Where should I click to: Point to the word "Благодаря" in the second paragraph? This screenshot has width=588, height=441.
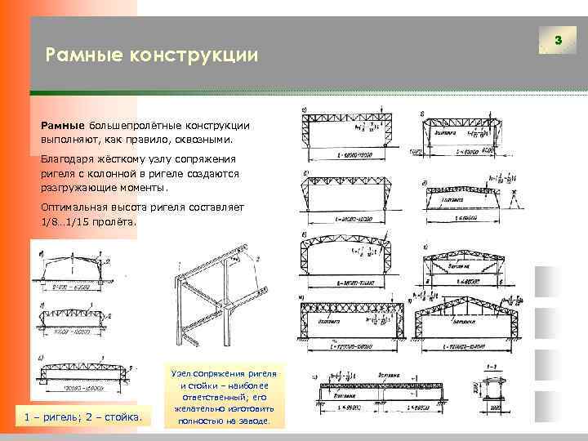click(70, 159)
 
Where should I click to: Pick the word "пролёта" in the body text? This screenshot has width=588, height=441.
click(118, 221)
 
